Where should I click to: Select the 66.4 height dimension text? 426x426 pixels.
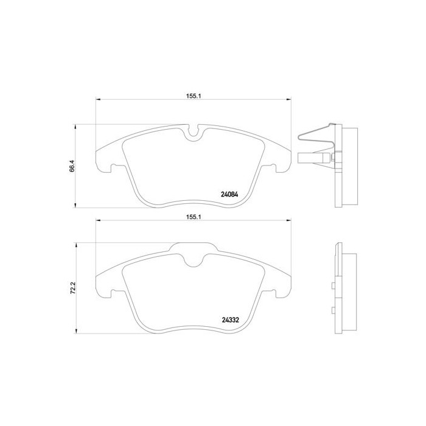[x=71, y=166]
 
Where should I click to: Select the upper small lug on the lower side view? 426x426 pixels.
[x=332, y=285]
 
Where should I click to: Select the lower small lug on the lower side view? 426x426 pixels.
[x=332, y=310]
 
